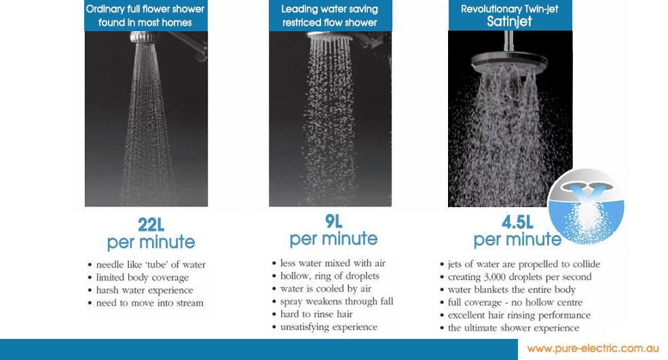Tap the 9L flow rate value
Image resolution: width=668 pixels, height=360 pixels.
coord(333,221)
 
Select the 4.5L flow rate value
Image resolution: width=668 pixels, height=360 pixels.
coord(517,222)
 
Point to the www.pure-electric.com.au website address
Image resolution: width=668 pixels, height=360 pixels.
coord(593,348)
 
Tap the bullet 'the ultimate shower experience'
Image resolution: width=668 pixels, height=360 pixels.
coord(513,328)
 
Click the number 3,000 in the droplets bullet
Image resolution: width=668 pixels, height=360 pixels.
coord(500,276)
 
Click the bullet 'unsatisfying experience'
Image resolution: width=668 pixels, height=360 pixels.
coord(329,327)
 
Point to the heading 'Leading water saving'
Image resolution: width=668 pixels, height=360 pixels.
coord(330,9)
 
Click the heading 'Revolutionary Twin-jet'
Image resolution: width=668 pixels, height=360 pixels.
coord(509,9)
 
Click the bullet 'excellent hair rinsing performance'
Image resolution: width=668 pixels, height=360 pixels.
coord(519,315)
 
